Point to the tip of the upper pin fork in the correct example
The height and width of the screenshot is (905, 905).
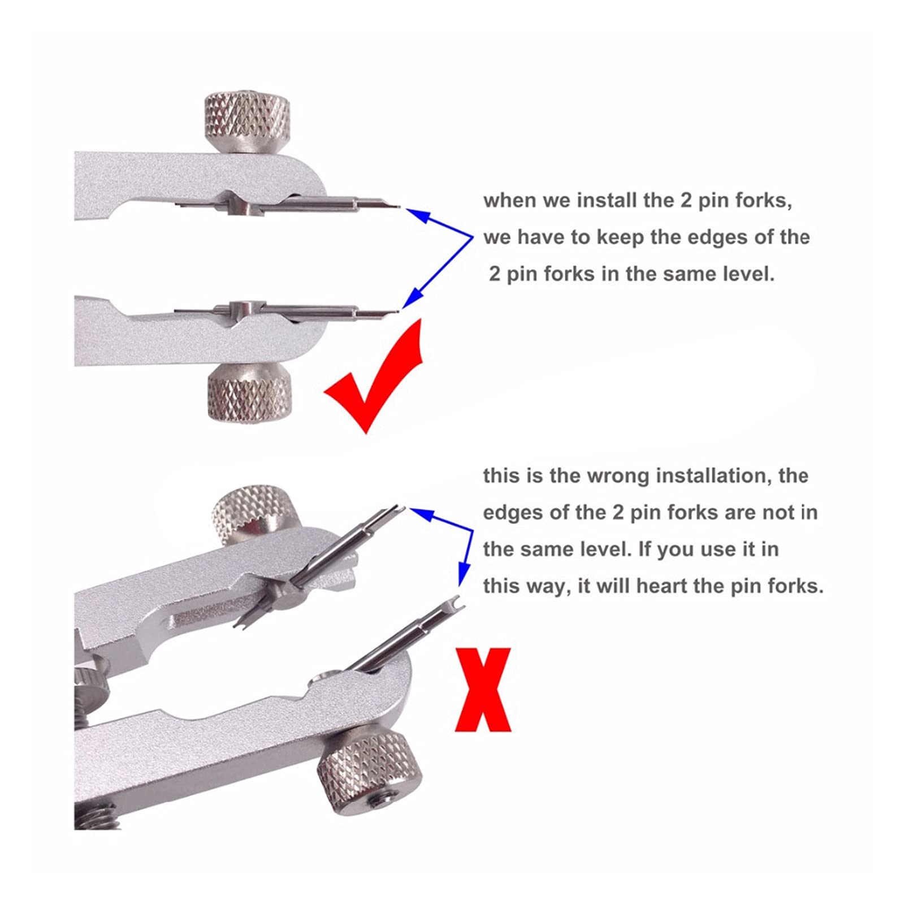point(400,206)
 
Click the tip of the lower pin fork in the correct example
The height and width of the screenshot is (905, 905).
point(399,310)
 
